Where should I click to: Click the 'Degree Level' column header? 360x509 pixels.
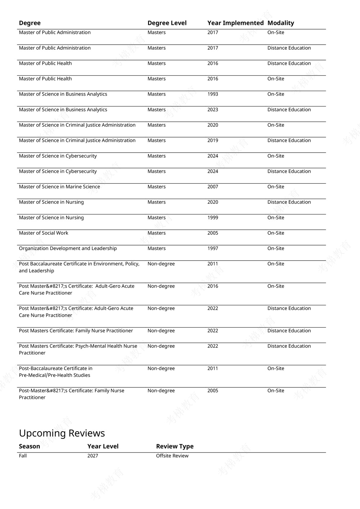[167, 23]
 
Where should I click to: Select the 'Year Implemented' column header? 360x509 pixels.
[235, 23]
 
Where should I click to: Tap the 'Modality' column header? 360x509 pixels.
[281, 23]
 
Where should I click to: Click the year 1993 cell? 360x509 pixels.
[213, 94]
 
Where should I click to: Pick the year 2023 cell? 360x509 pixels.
[213, 110]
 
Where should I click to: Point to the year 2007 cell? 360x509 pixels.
[213, 187]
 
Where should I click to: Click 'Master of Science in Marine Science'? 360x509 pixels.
[59, 187]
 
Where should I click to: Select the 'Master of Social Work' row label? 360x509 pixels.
[44, 233]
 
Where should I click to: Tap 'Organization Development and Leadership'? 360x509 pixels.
[68, 249]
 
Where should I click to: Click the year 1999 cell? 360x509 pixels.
[213, 218]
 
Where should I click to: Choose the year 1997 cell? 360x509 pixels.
[213, 249]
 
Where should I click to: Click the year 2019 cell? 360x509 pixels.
[213, 141]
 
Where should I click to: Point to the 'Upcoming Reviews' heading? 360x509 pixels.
[62, 433]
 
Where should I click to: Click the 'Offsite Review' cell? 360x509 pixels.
[172, 456]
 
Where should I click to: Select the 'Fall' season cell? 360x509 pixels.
[23, 456]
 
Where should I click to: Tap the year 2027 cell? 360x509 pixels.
[93, 456]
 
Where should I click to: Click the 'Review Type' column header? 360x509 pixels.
[175, 446]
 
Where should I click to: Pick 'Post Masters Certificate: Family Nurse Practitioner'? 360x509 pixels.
[76, 331]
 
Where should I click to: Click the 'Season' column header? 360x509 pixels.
[30, 446]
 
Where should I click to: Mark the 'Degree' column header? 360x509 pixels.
[30, 23]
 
